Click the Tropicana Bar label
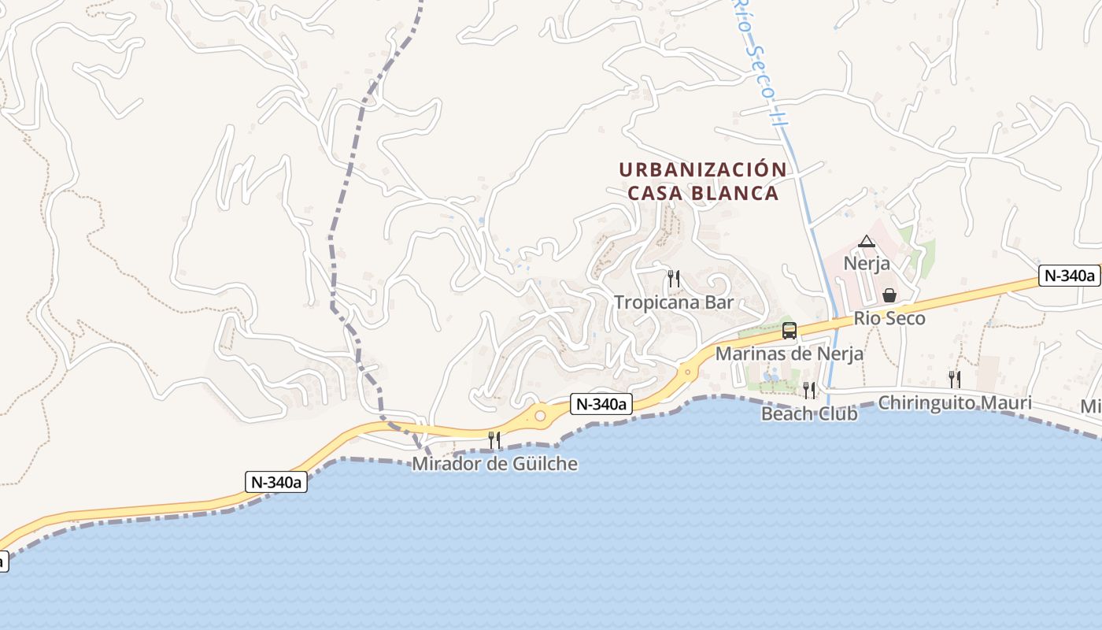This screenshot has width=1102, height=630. point(674,302)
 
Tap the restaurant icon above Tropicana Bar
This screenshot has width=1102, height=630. point(674,278)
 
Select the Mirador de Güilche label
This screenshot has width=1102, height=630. point(495,464)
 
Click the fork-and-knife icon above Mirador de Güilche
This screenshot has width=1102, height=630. point(494,439)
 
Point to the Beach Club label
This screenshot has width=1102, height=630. point(809,413)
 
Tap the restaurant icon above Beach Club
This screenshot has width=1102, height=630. point(809,390)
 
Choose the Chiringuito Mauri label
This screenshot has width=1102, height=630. point(954,403)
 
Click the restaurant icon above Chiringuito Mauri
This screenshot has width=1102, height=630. point(954,379)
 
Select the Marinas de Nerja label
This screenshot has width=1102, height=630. point(789,354)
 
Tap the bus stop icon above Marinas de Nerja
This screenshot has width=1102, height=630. point(790,331)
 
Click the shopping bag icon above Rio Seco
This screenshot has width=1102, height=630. point(889,295)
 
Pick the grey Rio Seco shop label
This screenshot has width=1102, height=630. point(889,319)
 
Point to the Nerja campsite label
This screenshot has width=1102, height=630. point(867,263)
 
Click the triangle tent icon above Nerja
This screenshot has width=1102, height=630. point(867,241)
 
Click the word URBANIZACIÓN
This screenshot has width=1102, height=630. point(703,170)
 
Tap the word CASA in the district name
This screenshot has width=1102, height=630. point(655,193)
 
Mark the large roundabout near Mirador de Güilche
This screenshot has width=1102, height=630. point(540,416)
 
